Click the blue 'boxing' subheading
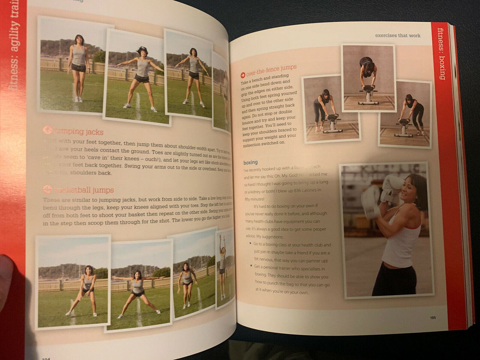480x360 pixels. pyautogui.click(x=250, y=162)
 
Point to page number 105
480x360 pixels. pyautogui.click(x=432, y=317)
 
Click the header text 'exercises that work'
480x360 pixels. pyautogui.click(x=398, y=36)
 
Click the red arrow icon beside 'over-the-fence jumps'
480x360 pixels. pyautogui.click(x=243, y=75)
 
